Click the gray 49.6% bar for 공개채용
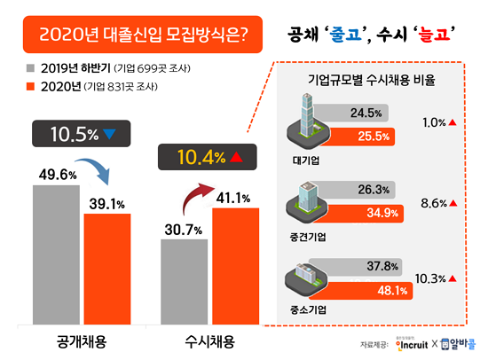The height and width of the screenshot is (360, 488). [55, 257]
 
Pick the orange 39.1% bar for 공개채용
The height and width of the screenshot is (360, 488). [106, 270]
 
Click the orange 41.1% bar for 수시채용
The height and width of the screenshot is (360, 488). [235, 266]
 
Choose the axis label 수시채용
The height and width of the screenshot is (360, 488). [209, 340]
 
